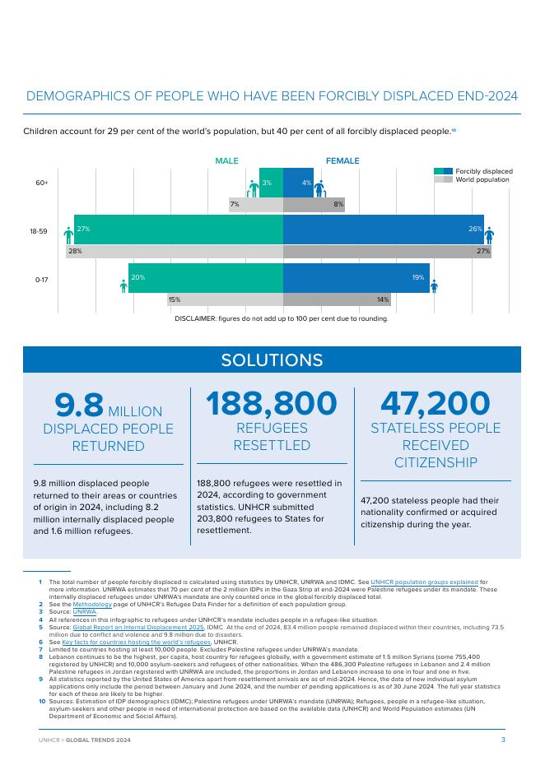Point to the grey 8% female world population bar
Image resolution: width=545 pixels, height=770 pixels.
point(314,203)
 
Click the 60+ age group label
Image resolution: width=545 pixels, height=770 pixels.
point(41,183)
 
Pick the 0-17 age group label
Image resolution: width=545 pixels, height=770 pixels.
point(41,280)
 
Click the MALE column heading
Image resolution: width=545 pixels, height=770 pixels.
point(226,161)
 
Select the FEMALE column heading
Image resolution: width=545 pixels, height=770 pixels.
point(342,161)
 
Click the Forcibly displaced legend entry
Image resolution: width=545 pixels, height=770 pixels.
point(483,170)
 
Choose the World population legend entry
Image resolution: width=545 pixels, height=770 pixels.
point(482,179)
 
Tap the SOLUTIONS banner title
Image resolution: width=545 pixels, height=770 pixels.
point(272,360)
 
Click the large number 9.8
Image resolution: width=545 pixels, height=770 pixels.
point(79,405)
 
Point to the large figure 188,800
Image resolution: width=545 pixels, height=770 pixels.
point(272,404)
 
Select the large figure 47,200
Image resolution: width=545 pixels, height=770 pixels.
point(436,404)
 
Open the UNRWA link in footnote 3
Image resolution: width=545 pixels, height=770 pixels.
point(85,612)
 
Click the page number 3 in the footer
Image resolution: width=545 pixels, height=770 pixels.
point(503,740)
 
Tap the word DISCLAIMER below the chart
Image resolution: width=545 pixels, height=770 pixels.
point(195,318)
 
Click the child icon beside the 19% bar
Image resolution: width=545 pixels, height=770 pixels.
point(434,285)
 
